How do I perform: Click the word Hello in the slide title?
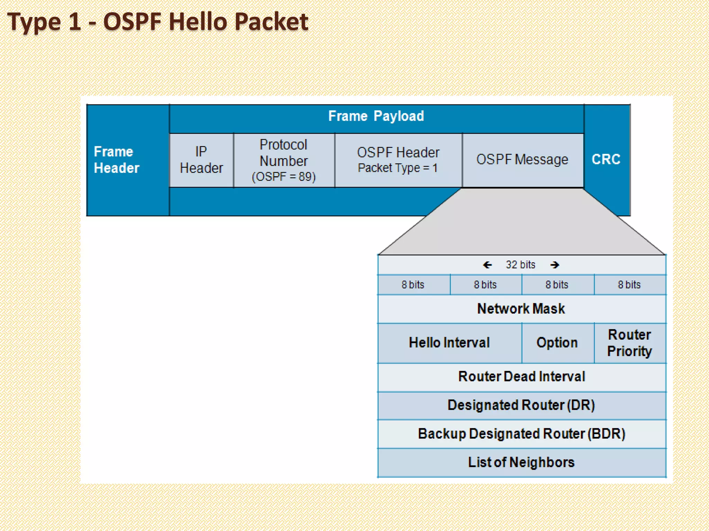pos(198,22)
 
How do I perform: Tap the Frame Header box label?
pos(116,160)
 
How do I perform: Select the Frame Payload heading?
pos(376,116)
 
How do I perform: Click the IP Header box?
pos(201,160)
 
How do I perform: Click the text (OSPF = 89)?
pos(284,177)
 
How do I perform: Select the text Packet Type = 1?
pos(397,168)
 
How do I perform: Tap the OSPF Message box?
pos(522,160)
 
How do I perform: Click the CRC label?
pos(606,159)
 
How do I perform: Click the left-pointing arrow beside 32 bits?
pos(487,265)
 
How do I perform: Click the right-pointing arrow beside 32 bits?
pos(555,265)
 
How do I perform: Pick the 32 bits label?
pos(520,265)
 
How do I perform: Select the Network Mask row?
pos(521,309)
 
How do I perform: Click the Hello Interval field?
pos(449,343)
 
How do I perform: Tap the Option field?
pos(557,343)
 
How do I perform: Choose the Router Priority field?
pos(629,343)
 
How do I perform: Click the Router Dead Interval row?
pos(521,376)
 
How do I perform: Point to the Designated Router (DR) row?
pos(521,405)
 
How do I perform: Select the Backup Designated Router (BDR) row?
pos(521,434)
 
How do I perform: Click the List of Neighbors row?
pos(521,463)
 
